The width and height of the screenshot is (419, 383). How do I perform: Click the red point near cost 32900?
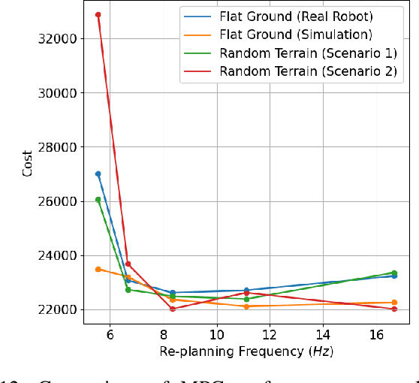tap(98, 15)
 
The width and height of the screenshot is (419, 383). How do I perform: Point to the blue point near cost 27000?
tap(98, 174)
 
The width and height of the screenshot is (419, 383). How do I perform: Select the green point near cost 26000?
tap(98, 200)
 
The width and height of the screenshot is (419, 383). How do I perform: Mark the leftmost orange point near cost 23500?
tap(98, 269)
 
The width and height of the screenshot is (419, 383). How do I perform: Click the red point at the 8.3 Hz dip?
tap(172, 309)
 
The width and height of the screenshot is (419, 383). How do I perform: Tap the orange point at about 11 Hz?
tap(246, 306)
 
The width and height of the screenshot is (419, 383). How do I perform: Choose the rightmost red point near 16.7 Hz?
tap(394, 309)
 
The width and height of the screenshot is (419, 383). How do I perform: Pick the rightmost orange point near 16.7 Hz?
tap(394, 303)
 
